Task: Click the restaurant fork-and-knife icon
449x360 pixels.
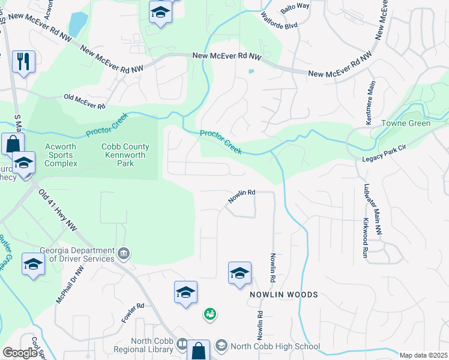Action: pos(23,61)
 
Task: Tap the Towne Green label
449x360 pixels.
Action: pos(406,124)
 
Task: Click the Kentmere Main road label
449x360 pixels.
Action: pos(369,103)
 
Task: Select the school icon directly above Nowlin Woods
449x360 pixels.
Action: pos(240,273)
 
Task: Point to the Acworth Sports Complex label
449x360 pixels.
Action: pos(59,155)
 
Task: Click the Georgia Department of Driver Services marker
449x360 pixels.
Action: pos(124,254)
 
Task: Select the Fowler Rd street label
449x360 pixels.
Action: pos(133,313)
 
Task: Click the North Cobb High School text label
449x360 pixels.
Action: pos(276,346)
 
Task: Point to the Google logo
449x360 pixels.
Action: pos(20,353)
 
